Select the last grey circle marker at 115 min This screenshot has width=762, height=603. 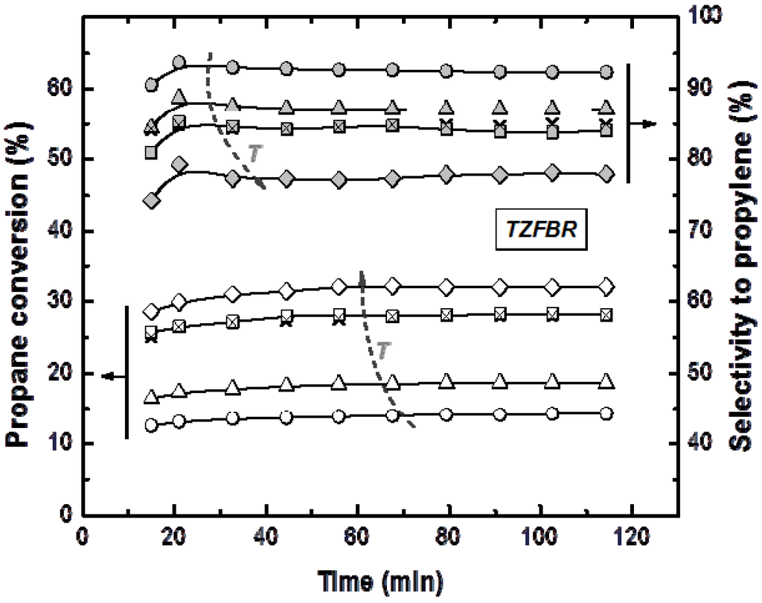coord(606,72)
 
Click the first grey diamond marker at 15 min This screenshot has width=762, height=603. coord(152,202)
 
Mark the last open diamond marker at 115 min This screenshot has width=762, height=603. coord(606,287)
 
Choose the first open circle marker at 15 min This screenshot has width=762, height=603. coord(152,425)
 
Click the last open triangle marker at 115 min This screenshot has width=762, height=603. coord(606,382)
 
